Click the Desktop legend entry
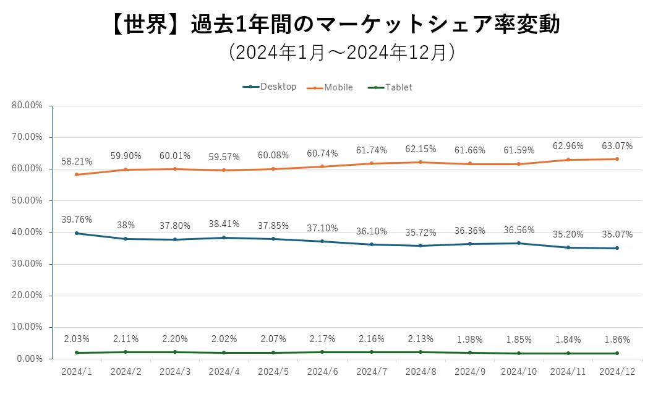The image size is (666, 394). point(270,87)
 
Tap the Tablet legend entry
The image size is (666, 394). point(391,87)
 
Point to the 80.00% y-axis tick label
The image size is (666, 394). point(27,106)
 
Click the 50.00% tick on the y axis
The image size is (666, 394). point(27,200)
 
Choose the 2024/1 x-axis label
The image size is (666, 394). point(77,371)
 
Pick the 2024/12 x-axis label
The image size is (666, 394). point(618,371)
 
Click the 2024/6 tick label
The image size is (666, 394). point(323,371)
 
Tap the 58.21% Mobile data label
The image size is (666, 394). point(77,161)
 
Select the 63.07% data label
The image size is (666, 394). point(617,146)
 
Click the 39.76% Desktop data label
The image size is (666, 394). point(77,219)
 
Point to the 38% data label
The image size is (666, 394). point(126,226)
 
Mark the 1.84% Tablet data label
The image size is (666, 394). point(568,339)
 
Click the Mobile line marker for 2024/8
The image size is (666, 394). point(421,162)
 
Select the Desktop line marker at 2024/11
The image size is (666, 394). point(568,247)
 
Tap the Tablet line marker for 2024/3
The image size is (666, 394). point(175,352)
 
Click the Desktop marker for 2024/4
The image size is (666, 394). point(224,238)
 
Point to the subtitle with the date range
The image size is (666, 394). point(341,52)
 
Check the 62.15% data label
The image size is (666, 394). point(421,149)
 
